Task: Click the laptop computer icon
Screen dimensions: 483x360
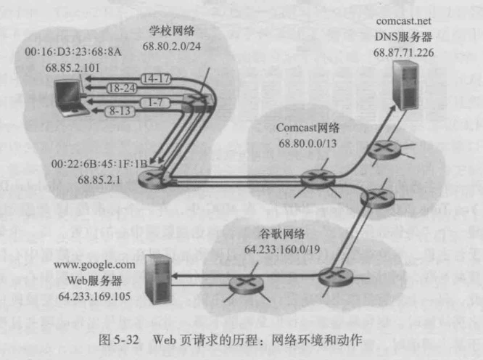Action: [71, 99]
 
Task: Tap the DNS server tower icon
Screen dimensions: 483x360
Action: [406, 85]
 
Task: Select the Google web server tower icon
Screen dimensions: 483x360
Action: [158, 279]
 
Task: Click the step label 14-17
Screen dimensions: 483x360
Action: [156, 79]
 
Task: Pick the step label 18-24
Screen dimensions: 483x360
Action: [122, 89]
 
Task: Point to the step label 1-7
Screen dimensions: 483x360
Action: [155, 102]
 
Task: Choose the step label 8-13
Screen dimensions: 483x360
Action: [120, 111]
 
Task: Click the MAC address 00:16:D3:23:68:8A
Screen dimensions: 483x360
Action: [73, 52]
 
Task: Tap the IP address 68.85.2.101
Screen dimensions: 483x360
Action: [73, 67]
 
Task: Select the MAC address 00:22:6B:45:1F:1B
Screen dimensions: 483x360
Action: [99, 163]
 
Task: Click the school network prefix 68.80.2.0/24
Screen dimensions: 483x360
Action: [172, 46]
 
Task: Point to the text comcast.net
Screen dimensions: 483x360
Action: [403, 21]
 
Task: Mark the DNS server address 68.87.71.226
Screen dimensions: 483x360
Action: [403, 52]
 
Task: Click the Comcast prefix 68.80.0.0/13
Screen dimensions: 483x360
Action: [307, 143]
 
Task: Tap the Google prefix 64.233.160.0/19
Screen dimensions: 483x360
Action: [282, 250]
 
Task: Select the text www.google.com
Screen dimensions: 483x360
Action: [94, 265]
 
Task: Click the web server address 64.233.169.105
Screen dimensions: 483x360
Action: [94, 297]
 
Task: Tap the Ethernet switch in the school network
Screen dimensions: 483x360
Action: [197, 103]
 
